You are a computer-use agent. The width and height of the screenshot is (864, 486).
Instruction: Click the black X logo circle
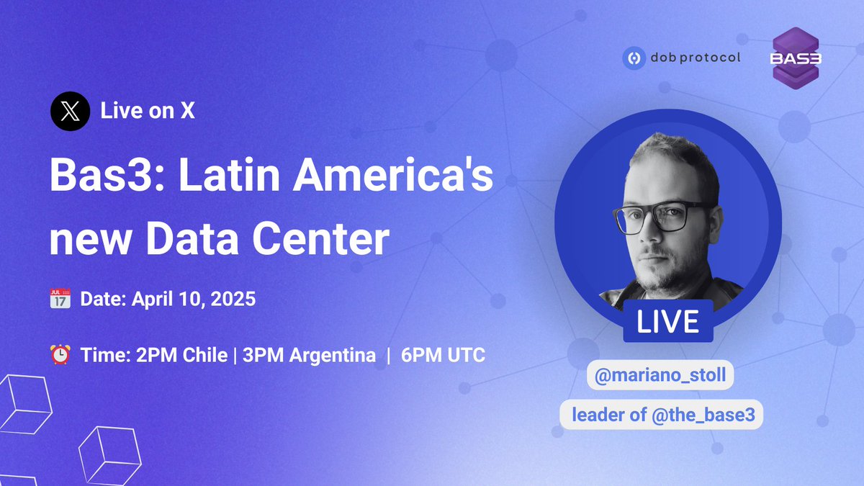70,112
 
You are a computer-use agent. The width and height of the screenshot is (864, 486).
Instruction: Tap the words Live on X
148,112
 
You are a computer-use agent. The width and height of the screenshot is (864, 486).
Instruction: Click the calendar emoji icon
60,299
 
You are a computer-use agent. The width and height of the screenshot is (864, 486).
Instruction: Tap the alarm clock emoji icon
60,355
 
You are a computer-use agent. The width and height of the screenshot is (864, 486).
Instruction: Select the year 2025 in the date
233,299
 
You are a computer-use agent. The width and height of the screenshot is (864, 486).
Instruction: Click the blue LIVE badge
667,321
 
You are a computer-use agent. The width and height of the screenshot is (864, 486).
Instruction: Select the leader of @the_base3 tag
661,415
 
